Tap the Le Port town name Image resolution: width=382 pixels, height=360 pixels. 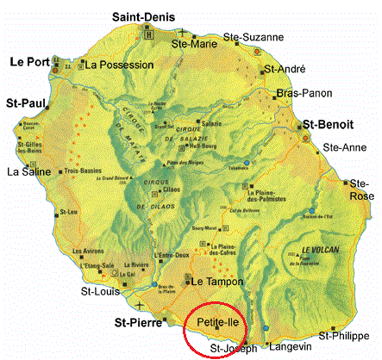click(28, 62)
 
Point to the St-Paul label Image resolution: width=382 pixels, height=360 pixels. click(26, 102)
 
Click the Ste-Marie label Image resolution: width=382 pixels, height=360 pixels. click(194, 42)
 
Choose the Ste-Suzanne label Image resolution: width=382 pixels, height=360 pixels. click(253, 37)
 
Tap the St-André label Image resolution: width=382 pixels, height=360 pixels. click(285, 68)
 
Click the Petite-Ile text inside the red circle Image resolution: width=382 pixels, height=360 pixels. click(216, 322)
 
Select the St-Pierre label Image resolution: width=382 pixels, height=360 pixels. click(141, 323)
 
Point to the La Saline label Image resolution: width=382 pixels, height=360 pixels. click(26, 171)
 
